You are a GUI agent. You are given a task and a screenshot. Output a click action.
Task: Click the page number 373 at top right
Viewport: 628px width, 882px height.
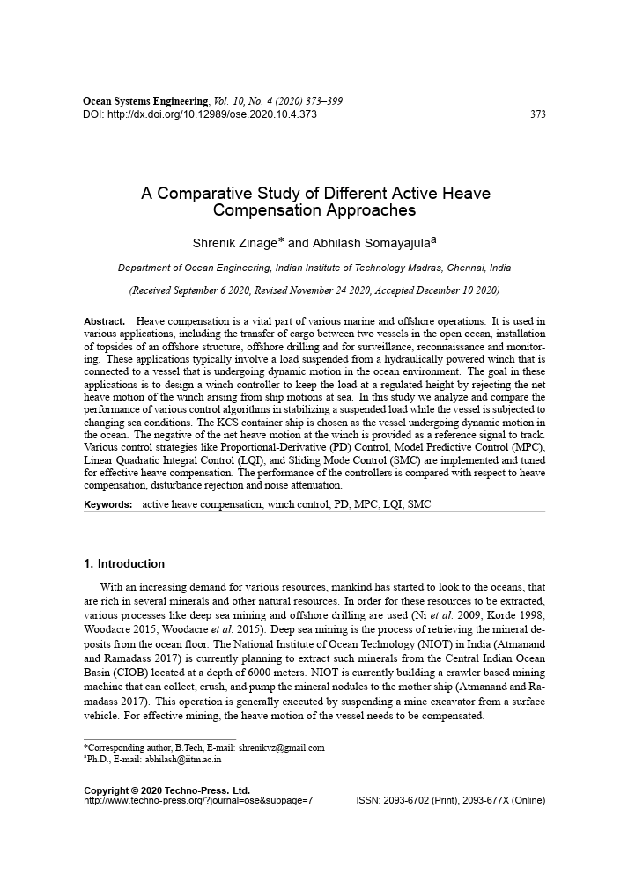coord(538,114)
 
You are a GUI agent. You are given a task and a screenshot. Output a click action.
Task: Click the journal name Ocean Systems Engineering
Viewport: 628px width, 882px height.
coord(145,102)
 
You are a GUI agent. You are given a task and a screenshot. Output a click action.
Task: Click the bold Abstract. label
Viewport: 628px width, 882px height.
coord(104,322)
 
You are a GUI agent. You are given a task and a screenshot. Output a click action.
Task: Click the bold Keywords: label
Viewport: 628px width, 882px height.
coord(107,504)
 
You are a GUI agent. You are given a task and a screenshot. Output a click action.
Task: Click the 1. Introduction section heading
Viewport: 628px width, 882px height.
coord(124,564)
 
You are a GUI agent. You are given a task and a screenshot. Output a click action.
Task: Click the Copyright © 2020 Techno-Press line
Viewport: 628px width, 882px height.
coord(166,790)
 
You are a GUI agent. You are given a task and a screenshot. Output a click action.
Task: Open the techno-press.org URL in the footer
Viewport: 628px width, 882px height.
coord(198,800)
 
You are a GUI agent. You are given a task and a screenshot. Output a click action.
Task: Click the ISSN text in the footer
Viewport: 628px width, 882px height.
coord(450,800)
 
